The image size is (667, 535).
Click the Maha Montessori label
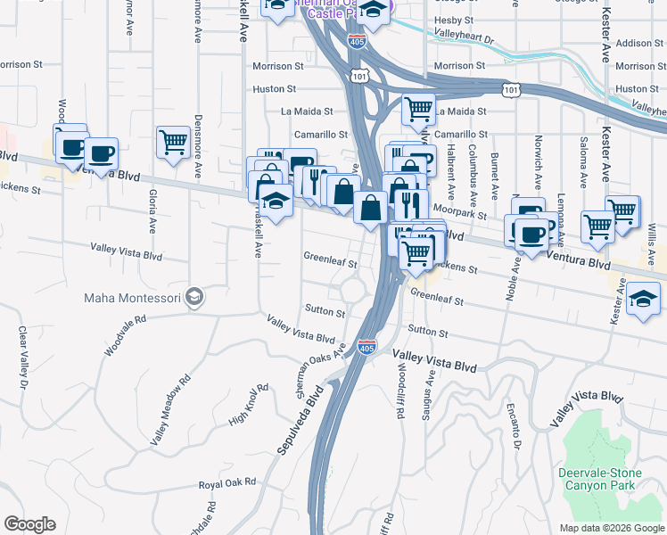pyautogui.click(x=132, y=297)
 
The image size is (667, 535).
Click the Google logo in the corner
pyautogui.click(x=29, y=524)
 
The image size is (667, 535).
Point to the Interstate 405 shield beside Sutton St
pyautogui.click(x=366, y=346)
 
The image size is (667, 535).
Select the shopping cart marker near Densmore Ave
pyautogui.click(x=172, y=141)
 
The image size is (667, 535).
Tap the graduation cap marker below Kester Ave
pyautogui.click(x=643, y=297)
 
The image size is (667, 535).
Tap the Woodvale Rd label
pyautogui.click(x=122, y=334)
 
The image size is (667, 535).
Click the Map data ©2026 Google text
pyautogui.click(x=611, y=528)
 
